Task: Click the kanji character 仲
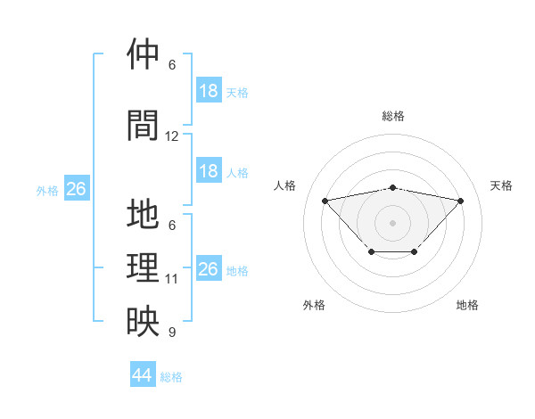coord(144,55)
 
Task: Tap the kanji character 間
coord(144,125)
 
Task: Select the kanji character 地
coord(144,216)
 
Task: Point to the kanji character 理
coord(144,267)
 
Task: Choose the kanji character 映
coord(144,322)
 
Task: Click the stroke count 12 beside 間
coord(172,136)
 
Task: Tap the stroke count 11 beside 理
coord(172,279)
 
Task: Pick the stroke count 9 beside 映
coord(172,333)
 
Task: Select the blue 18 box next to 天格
coord(209,91)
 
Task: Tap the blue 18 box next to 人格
coord(209,171)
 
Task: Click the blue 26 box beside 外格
coord(76,189)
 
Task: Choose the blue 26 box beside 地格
coord(209,269)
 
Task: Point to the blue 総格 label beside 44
coord(171,377)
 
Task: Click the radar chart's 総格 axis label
coord(392,116)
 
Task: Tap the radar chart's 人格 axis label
coord(285,185)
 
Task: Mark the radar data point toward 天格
coord(460,201)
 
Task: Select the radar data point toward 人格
coord(325,200)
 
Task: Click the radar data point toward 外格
coord(371,252)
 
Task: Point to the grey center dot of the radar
coord(392,221)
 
